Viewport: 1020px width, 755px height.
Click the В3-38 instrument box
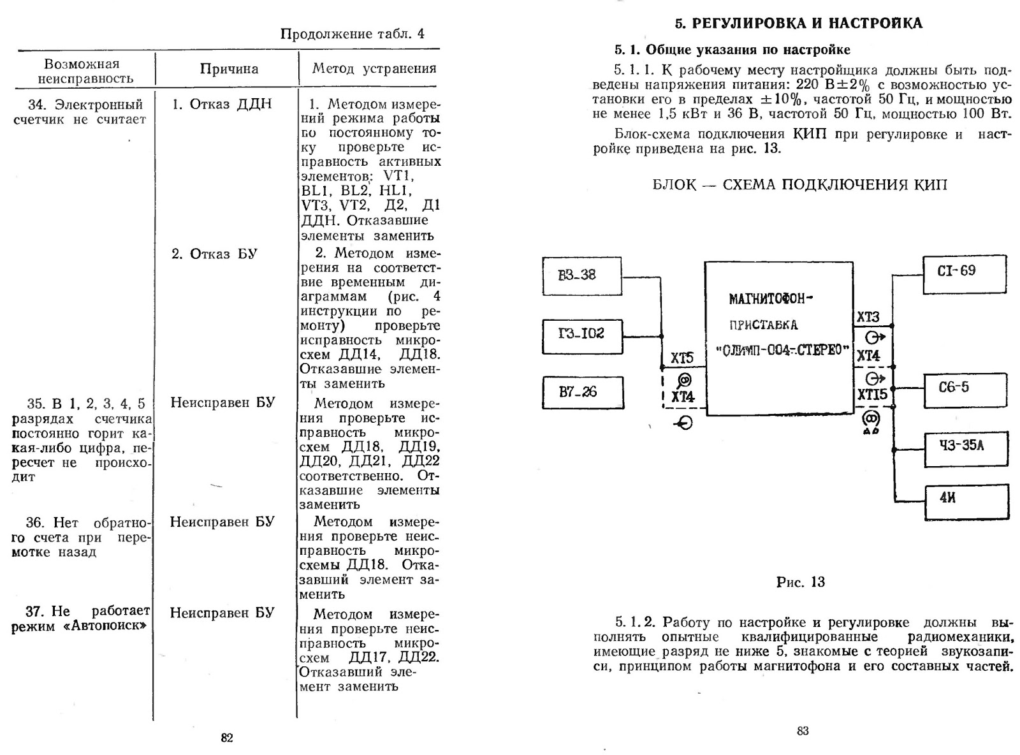pos(581,275)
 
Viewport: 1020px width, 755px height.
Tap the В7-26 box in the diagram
pos(582,392)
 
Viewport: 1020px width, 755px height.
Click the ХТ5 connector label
pos(681,358)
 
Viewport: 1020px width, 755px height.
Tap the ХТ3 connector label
pos(868,317)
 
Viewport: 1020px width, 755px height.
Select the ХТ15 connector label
pos(871,395)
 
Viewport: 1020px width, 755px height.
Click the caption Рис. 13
pos(800,582)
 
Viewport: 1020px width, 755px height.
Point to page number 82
pos(227,738)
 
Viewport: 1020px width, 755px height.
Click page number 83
pos(803,731)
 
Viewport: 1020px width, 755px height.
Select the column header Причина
pos(229,70)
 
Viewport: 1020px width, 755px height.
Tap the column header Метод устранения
pos(374,69)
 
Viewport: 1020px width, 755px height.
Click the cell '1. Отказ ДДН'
pos(222,105)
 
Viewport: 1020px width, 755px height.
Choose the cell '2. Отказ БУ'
pos(214,254)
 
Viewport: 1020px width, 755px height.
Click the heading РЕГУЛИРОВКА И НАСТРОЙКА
pos(798,24)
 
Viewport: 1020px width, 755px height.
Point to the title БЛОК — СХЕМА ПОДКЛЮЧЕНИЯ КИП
pos(799,185)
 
